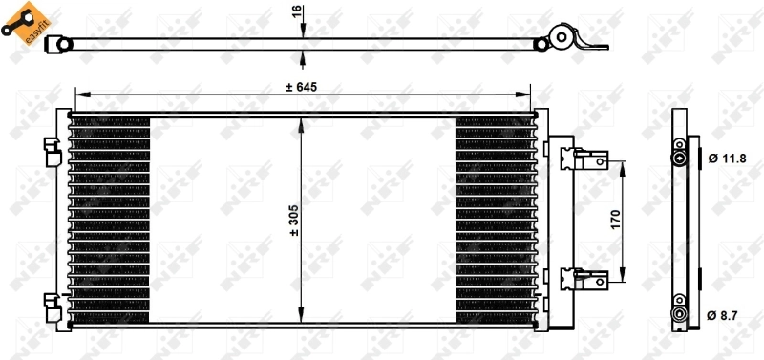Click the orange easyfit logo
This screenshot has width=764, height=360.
pos(20,21)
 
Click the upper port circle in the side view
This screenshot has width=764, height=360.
pos(679,157)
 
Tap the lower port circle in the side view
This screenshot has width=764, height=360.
pos(679,313)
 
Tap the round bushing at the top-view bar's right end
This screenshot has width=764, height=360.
pos(562,40)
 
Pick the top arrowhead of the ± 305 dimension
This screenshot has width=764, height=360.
pos(301,122)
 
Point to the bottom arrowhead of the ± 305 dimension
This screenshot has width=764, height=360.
pos(301,320)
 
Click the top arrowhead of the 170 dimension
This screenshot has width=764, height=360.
pos(623,164)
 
